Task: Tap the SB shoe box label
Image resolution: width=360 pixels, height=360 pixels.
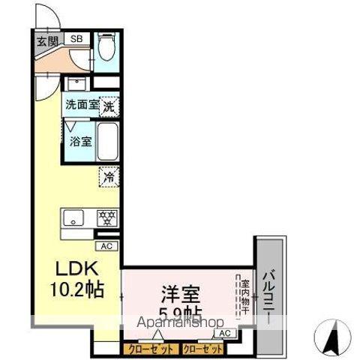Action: point(76,39)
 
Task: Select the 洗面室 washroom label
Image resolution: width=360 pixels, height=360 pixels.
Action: point(81,106)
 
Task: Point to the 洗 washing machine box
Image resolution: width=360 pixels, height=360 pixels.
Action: point(109,106)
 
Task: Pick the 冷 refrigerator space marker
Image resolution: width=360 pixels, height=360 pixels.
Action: point(109,178)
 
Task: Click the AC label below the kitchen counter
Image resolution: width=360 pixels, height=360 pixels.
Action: point(106,244)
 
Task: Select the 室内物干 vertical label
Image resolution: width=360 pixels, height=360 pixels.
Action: point(244,296)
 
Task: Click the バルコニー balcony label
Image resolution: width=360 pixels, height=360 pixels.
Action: point(268,296)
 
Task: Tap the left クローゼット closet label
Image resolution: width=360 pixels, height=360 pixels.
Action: point(149,349)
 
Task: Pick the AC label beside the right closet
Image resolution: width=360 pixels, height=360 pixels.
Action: point(224,333)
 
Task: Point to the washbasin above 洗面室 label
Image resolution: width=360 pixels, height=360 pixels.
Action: point(76,83)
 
